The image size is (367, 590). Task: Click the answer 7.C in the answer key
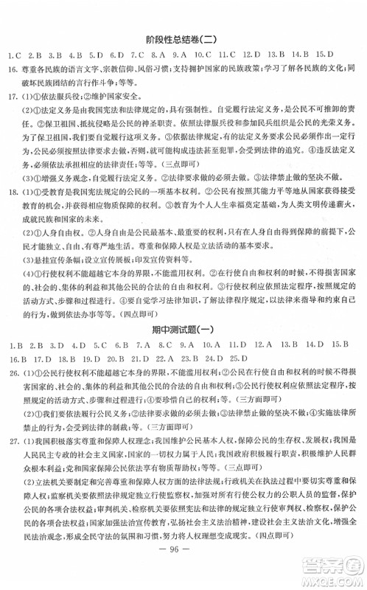click(x=137, y=55)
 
